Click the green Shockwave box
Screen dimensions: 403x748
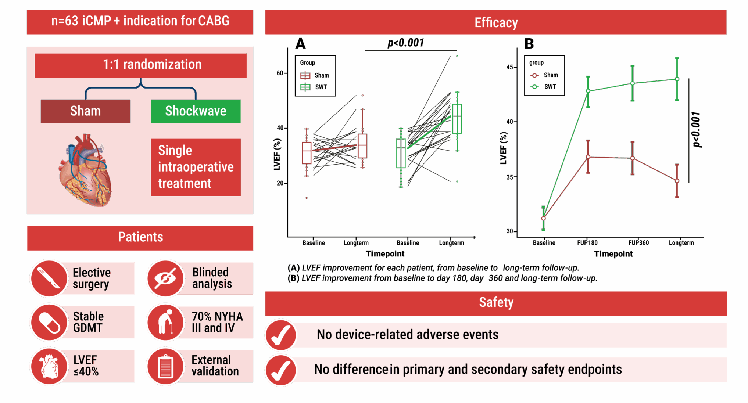point(196,111)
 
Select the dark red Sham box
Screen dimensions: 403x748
point(85,111)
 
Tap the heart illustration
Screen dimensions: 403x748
point(86,170)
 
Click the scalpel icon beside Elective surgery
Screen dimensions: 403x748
point(49,278)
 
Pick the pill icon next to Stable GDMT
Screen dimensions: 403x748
point(49,322)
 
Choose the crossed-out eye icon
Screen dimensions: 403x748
point(165,278)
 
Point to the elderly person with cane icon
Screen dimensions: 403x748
point(165,322)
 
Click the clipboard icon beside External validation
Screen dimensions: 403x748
point(165,366)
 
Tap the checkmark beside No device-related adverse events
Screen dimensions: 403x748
point(281,335)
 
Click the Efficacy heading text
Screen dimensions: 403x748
point(496,22)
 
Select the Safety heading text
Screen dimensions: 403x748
point(496,302)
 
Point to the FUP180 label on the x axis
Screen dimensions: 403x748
point(587,243)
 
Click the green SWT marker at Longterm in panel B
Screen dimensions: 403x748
point(677,79)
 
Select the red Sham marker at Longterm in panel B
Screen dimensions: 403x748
point(677,181)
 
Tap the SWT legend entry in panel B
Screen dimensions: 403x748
point(544,87)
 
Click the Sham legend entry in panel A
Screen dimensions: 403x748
point(315,75)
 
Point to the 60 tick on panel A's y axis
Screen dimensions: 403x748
point(280,73)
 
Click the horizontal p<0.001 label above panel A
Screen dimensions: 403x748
point(406,43)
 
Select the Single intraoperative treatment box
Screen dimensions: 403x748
point(196,167)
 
